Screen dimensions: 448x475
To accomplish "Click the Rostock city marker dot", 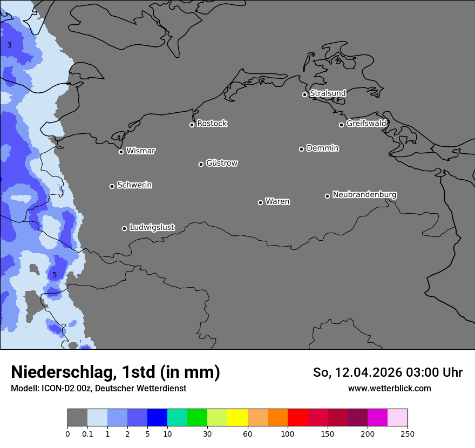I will pyautogui.click(x=192, y=125).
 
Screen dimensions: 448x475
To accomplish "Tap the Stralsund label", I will pyautogui.click(x=328, y=93).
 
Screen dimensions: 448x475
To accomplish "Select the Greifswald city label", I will pyautogui.click(x=366, y=124).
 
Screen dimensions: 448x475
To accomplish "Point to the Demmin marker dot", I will pyautogui.click(x=301, y=149).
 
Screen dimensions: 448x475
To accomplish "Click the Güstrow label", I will pyautogui.click(x=221, y=163).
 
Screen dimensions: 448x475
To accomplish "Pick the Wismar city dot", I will pyautogui.click(x=121, y=152).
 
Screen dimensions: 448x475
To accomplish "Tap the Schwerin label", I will pyautogui.click(x=134, y=185).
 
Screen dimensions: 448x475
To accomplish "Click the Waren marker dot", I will pyautogui.click(x=260, y=202).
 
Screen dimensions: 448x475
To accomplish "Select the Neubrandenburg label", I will pyautogui.click(x=364, y=195).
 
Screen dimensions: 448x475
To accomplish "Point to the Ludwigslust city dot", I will pyautogui.click(x=124, y=228).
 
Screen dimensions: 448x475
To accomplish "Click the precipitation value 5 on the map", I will pyautogui.click(x=55, y=275).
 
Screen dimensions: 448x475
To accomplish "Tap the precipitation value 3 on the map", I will pyautogui.click(x=9, y=45).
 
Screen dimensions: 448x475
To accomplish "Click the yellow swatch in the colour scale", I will pyautogui.click(x=237, y=418).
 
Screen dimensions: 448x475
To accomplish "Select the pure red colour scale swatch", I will pyautogui.click(x=297, y=418).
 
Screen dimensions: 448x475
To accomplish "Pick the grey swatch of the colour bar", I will pyautogui.click(x=77, y=418).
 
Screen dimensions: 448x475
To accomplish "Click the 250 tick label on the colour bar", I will pyautogui.click(x=408, y=433).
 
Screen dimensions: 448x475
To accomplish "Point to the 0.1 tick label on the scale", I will pyautogui.click(x=87, y=433).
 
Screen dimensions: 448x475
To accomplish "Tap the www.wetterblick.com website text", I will pyautogui.click(x=389, y=388).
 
